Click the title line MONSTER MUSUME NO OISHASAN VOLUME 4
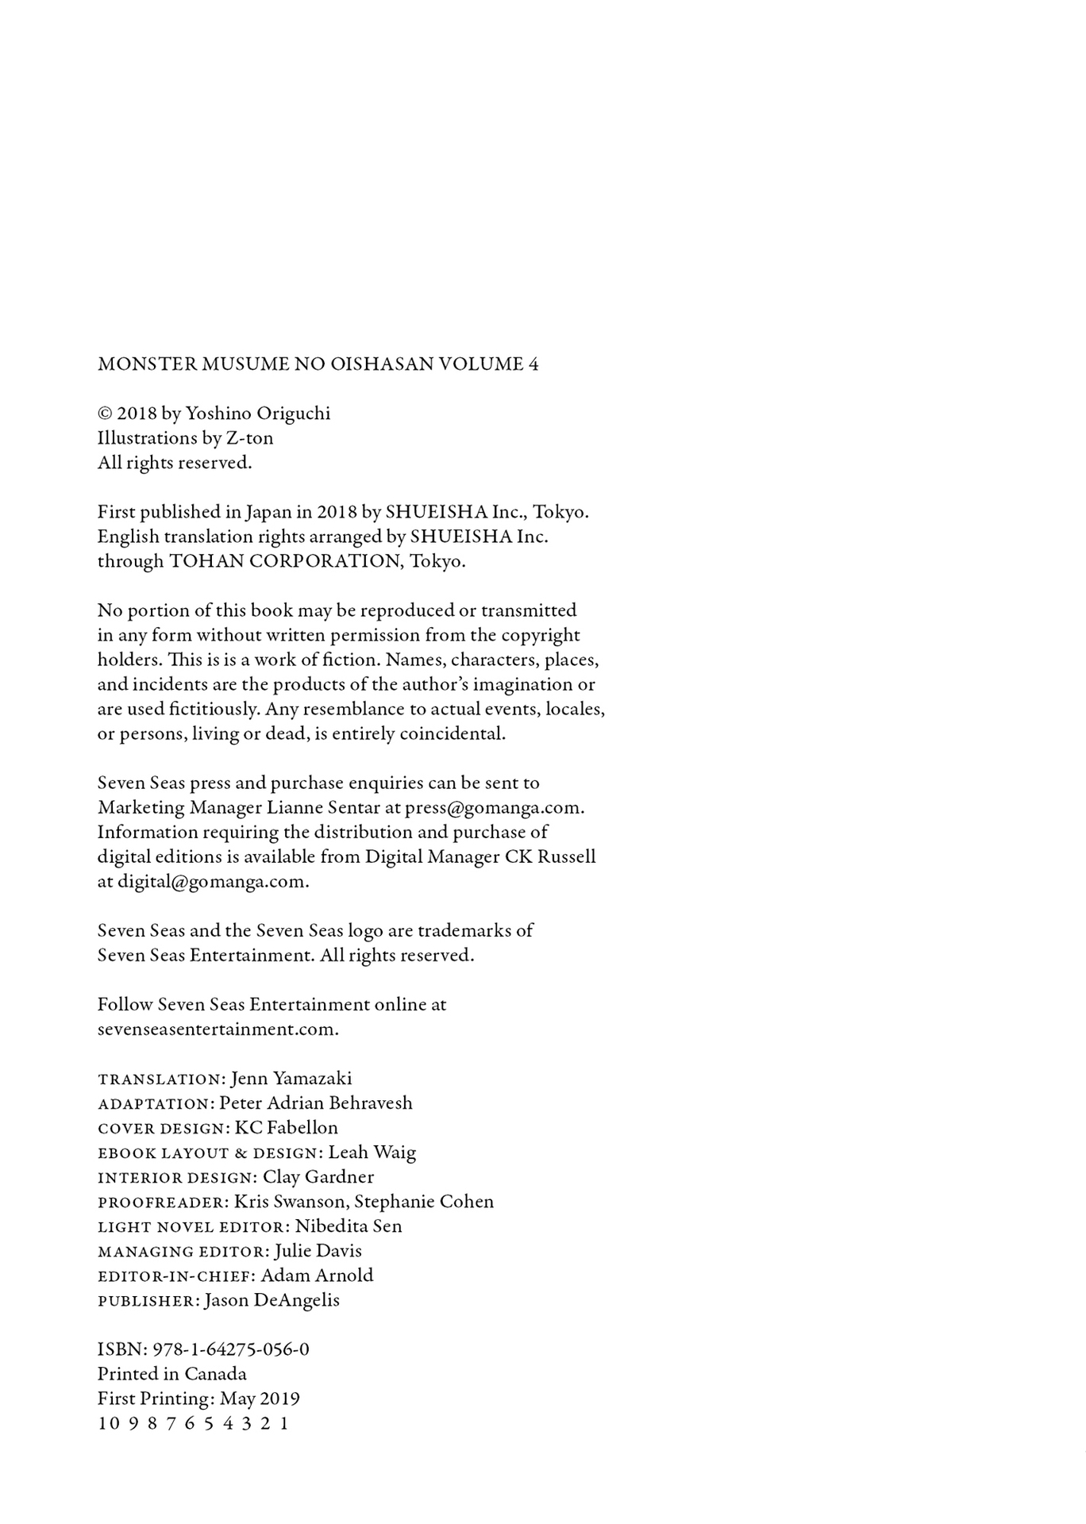click(x=318, y=364)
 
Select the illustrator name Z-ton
click(x=249, y=438)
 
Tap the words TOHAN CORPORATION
click(x=286, y=561)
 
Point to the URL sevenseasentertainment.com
click(x=217, y=1029)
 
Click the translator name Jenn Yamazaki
click(x=291, y=1079)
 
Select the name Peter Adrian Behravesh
click(x=316, y=1103)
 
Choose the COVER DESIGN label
click(x=163, y=1129)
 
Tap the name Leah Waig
click(x=372, y=1153)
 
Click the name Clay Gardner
click(x=318, y=1177)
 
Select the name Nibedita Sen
click(x=349, y=1226)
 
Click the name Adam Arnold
click(x=317, y=1276)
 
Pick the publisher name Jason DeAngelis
click(x=272, y=1300)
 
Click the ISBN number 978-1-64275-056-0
click(x=231, y=1349)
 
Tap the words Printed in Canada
click(x=172, y=1374)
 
